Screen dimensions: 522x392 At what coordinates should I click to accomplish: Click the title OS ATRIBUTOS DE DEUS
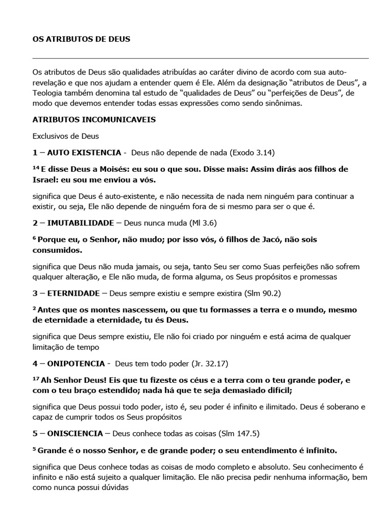point(81,39)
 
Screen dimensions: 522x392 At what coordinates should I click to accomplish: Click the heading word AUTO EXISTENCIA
point(84,152)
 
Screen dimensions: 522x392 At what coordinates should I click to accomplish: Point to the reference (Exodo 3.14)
point(255,152)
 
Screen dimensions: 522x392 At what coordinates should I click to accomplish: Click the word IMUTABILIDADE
point(81,223)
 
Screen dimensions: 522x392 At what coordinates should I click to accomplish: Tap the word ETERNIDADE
point(74,294)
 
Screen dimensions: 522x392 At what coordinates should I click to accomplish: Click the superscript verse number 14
point(36,167)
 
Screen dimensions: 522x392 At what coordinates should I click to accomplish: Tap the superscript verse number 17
point(36,379)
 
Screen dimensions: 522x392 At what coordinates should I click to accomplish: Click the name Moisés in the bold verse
point(113,169)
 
